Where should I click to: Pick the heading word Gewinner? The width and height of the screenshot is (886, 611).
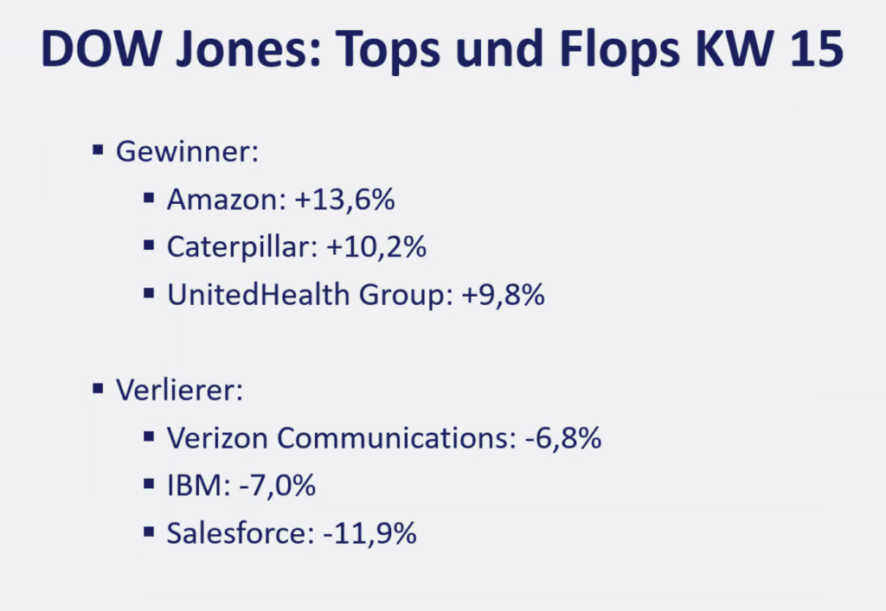click(187, 153)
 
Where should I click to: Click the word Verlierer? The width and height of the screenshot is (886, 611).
click(179, 390)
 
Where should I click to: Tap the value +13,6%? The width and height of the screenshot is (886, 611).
click(344, 200)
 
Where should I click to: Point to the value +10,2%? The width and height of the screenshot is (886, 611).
click(376, 248)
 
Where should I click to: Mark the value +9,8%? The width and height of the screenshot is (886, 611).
click(503, 296)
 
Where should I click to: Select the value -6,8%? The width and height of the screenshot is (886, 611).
click(562, 438)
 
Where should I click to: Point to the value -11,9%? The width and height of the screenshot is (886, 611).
click(369, 533)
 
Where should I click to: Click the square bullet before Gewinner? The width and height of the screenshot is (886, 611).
click(98, 152)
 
